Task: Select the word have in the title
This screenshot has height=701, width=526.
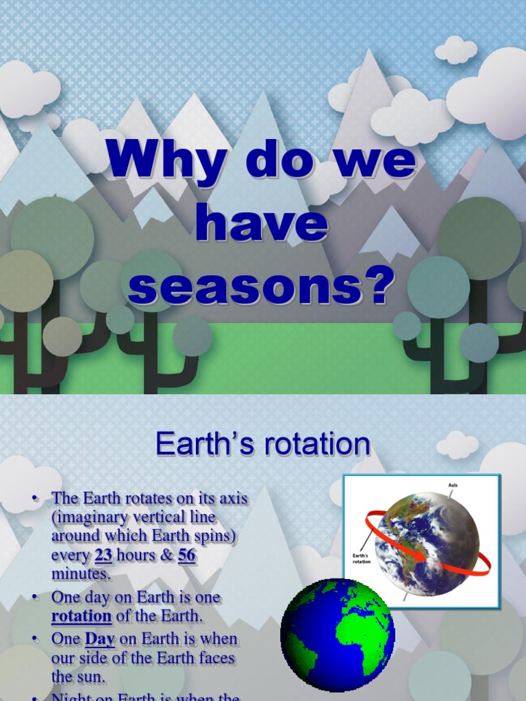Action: pyautogui.click(x=262, y=227)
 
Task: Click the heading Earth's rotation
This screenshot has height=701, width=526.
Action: pyautogui.click(x=263, y=444)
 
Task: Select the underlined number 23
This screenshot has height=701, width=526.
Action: pyautogui.click(x=103, y=556)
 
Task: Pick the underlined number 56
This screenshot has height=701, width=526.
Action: pyautogui.click(x=187, y=556)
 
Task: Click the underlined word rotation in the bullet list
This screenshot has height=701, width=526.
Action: pyautogui.click(x=82, y=615)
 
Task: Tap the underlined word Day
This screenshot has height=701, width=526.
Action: pyautogui.click(x=99, y=639)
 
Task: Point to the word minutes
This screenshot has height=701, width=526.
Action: pyautogui.click(x=79, y=574)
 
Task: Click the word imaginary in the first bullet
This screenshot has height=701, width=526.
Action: pyautogui.click(x=91, y=517)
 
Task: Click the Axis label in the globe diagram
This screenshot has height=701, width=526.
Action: pyautogui.click(x=453, y=485)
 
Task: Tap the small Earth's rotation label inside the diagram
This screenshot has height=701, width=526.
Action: pyautogui.click(x=362, y=559)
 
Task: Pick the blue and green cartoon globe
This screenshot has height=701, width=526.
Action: pyautogui.click(x=338, y=635)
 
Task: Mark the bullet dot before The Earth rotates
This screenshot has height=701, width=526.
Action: pyautogui.click(x=34, y=498)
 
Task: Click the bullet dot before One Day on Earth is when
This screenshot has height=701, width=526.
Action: pyautogui.click(x=34, y=639)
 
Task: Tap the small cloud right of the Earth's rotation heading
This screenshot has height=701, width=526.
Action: pyautogui.click(x=457, y=445)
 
